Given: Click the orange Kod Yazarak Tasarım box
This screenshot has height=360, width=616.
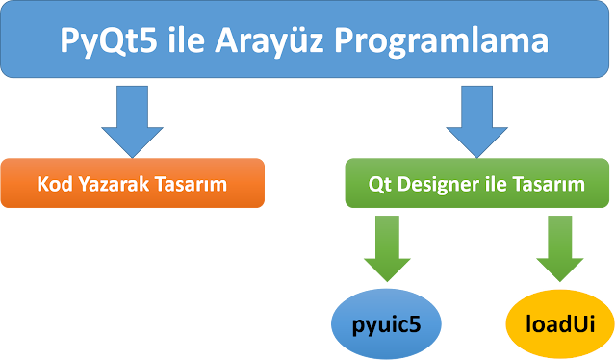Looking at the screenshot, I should tap(132, 183).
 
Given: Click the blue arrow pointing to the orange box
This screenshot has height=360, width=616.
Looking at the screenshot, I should tap(132, 117).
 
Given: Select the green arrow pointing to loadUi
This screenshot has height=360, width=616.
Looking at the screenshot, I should tap(560, 247).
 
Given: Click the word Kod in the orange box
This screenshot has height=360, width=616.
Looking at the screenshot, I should tap(55, 183).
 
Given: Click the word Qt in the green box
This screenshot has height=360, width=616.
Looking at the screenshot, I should tap(380, 183).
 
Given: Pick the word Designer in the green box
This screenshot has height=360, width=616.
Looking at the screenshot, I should tap(435, 183).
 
